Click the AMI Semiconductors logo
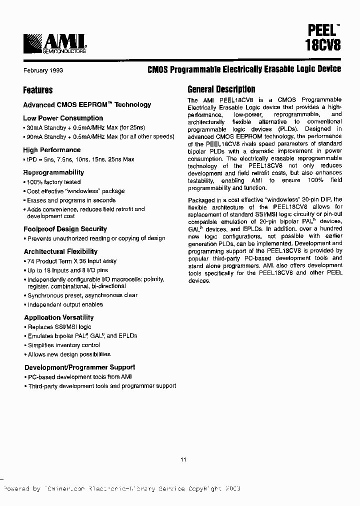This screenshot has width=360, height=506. [55, 43]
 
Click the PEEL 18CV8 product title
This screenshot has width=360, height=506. [322, 38]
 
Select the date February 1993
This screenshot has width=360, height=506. [43, 70]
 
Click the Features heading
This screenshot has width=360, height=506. [37, 90]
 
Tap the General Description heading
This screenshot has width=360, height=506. [221, 89]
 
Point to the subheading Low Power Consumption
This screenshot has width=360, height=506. [63, 118]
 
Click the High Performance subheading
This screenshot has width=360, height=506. [51, 150]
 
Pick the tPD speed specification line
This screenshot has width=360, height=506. [78, 159]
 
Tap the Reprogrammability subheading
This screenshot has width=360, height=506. [53, 172]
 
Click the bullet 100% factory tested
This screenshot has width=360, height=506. [53, 182]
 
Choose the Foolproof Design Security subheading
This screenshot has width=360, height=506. [65, 229]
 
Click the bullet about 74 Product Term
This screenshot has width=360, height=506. [71, 261]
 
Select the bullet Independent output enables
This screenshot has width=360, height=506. [65, 304]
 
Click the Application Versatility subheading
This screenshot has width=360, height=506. [58, 317]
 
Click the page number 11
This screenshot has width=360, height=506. [183, 459]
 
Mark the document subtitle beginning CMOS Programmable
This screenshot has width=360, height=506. [244, 69]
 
